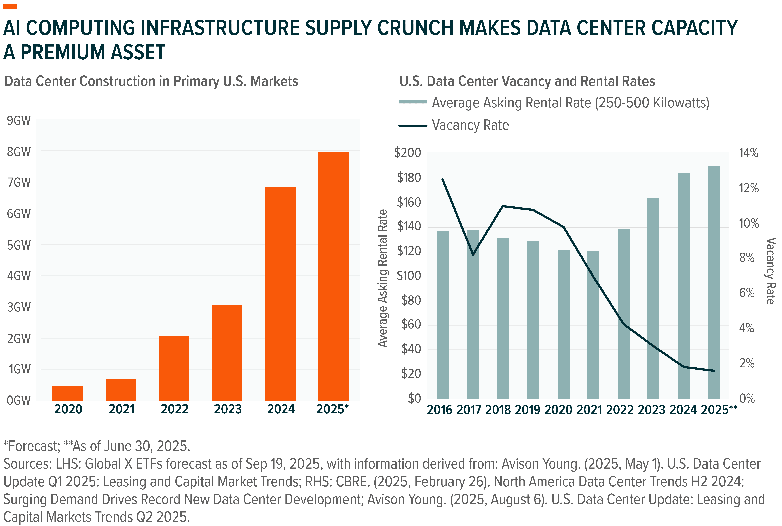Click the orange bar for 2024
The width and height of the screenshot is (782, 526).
click(280, 294)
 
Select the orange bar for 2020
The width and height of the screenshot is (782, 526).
click(67, 393)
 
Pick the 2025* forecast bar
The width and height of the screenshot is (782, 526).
click(333, 276)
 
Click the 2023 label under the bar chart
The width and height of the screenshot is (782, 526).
click(228, 409)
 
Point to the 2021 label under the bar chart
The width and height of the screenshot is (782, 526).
click(121, 409)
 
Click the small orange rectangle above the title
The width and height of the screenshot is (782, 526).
click(10, 6)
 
